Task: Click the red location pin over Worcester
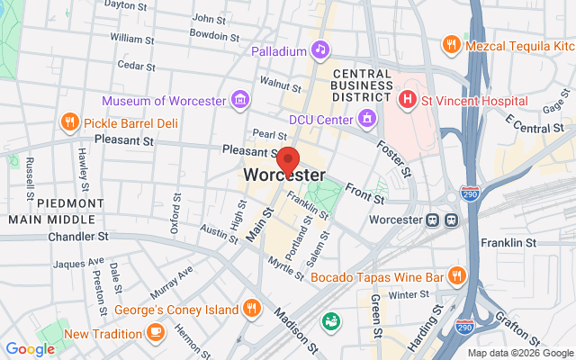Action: tap(288, 160)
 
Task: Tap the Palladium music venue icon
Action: tap(319, 50)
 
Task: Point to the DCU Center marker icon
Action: tap(367, 117)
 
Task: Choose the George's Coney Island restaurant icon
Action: tap(252, 309)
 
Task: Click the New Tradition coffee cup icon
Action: tap(155, 333)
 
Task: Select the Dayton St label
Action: tap(125, 4)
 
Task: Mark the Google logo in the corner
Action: tap(30, 349)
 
